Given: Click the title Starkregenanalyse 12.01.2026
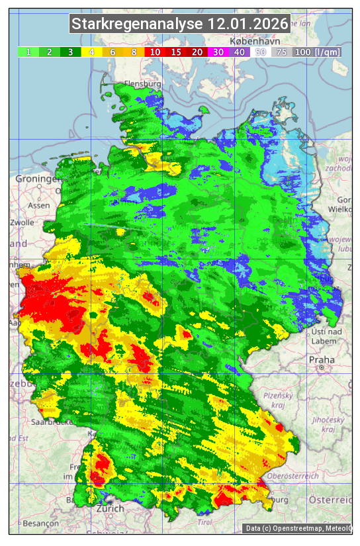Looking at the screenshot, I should click(x=180, y=24).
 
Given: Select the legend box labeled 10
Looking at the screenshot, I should click(x=156, y=52).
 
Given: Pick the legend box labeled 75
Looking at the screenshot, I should click(x=281, y=52).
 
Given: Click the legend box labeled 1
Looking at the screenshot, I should click(x=29, y=52).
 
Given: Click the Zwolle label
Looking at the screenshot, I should click(x=21, y=222).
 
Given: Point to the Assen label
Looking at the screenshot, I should click(x=39, y=205).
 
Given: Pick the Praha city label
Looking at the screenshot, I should click(x=322, y=359).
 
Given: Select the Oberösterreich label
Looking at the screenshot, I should click(x=293, y=475).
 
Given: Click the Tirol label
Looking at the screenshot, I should click(x=204, y=522).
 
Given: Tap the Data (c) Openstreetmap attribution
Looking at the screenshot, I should click(x=298, y=528).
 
